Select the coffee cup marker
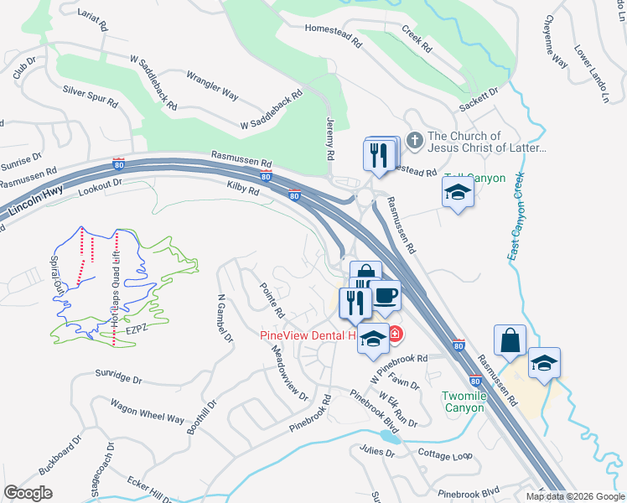click(x=386, y=295)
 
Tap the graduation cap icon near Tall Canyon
click(x=459, y=194)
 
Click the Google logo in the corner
click(x=28, y=492)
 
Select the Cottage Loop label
click(x=445, y=454)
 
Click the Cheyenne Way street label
click(x=556, y=41)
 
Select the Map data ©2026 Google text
click(x=575, y=496)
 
